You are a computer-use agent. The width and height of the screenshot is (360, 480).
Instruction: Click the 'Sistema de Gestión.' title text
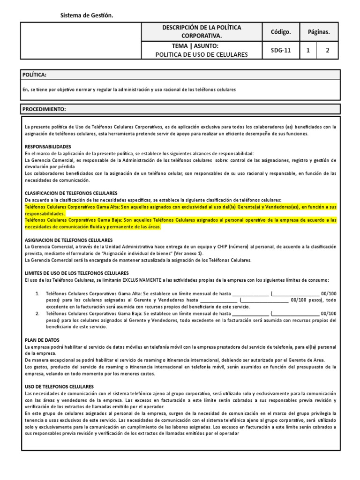[x=87, y=16]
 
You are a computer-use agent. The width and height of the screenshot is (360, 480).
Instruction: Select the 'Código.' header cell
[x=280, y=32]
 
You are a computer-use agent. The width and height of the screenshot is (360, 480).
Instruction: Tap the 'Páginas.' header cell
[x=319, y=32]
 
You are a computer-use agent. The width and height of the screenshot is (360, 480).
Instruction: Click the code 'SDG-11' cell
[x=280, y=51]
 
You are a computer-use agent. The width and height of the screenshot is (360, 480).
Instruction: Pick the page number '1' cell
[x=308, y=51]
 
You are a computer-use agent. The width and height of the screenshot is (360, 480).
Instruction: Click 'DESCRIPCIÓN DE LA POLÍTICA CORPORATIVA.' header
[x=202, y=32]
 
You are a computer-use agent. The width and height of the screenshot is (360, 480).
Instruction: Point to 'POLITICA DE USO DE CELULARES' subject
[x=202, y=54]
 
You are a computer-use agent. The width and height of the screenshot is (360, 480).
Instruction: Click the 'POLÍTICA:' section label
[x=35, y=75]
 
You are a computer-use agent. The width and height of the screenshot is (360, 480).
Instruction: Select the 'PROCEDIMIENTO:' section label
[x=45, y=109]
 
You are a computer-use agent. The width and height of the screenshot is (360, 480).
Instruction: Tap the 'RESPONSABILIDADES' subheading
[x=48, y=147]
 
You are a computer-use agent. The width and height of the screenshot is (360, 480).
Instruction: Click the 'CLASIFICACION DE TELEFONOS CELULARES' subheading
[x=71, y=193]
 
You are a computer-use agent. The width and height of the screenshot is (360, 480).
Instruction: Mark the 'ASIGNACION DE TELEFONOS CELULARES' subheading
[x=68, y=240]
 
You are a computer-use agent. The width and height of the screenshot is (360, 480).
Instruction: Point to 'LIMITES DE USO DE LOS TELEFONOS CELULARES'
[x=76, y=273]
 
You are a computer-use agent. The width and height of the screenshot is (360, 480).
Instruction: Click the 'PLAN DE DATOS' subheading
[x=42, y=340]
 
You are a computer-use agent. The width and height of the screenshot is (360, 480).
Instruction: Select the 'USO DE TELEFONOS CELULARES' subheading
[x=59, y=386]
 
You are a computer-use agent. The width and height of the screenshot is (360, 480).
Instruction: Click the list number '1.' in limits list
[x=37, y=293]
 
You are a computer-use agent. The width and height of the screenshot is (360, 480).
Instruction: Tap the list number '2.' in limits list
[x=37, y=313]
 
